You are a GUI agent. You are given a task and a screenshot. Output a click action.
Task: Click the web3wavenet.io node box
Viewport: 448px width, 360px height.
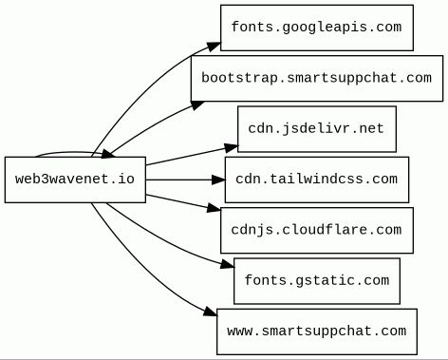75,180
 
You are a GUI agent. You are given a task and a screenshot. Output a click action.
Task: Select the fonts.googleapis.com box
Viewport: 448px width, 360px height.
317,28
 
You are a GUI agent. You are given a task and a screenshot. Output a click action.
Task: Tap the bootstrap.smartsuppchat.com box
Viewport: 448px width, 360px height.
317,78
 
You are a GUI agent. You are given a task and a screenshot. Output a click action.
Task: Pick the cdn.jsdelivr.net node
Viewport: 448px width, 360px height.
317,129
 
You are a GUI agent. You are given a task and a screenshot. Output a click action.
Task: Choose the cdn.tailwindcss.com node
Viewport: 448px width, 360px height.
317,180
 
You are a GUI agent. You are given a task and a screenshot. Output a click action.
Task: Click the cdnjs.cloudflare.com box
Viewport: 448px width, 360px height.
317,230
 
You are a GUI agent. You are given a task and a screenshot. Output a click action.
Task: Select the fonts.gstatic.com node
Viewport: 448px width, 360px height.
317,281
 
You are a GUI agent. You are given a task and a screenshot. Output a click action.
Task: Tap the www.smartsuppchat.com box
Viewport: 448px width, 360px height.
317,332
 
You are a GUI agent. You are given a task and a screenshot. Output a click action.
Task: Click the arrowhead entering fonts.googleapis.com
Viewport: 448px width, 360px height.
214,46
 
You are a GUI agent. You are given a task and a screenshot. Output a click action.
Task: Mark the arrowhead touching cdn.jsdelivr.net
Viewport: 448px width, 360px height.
232,147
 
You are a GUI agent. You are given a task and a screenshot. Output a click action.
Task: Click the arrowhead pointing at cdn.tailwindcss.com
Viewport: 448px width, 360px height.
218,180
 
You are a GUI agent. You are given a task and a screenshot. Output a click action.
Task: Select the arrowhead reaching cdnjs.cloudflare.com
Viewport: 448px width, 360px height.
215,208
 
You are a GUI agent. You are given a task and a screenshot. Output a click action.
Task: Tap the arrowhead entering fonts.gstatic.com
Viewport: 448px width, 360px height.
228,264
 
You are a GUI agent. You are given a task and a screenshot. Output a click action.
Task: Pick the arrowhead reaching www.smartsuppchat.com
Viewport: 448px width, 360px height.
211,312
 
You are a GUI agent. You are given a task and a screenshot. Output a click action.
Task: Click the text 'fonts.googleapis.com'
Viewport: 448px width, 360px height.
317,28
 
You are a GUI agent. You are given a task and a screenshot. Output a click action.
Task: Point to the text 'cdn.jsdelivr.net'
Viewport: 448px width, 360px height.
316,129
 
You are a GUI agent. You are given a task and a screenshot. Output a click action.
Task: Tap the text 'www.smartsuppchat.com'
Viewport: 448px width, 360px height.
317,332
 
